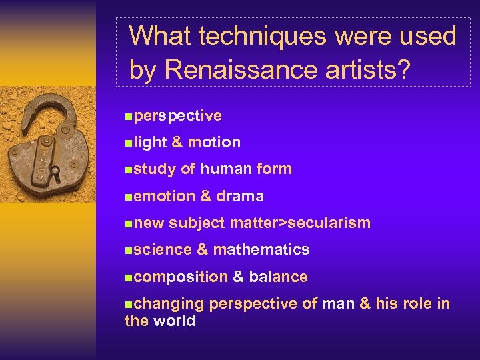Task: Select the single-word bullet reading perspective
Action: tap(177, 115)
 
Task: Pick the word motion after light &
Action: tap(214, 142)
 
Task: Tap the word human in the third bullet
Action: tap(225, 169)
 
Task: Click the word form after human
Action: tap(274, 169)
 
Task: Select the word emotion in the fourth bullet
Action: tap(164, 196)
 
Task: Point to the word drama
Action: tap(239, 196)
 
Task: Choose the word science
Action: tap(163, 249)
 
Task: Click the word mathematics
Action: tap(261, 249)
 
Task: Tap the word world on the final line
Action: tap(174, 321)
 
